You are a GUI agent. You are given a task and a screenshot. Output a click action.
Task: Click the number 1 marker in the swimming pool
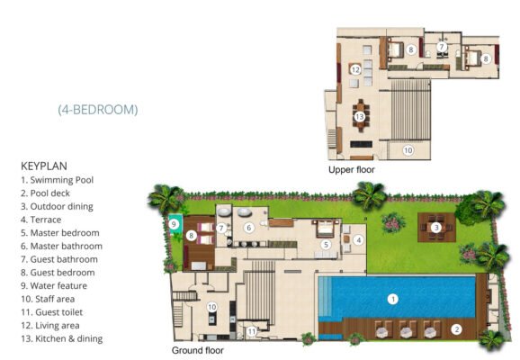393,300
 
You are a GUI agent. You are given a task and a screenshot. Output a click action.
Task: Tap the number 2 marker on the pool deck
457,329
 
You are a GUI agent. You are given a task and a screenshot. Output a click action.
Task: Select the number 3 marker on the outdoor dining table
436,228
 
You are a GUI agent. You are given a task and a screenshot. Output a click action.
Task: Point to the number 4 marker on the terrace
358,240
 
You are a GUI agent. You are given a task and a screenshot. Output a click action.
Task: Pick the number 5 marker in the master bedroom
326,245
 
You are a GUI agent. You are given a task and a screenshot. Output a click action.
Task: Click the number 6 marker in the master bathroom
248,228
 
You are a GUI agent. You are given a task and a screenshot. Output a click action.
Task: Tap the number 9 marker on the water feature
174,224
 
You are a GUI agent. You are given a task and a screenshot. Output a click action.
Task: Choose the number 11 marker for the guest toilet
252,331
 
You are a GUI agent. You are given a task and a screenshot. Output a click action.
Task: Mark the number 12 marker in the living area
355,70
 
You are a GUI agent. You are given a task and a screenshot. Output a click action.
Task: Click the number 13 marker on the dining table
360,117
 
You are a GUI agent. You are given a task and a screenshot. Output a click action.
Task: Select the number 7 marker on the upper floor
441,47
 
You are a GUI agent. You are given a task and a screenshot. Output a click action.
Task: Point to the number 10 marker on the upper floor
408,150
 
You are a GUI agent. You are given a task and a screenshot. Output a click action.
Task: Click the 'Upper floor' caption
352,169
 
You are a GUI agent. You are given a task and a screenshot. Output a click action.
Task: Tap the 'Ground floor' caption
198,350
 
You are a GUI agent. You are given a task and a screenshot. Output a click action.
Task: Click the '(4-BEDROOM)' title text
98,110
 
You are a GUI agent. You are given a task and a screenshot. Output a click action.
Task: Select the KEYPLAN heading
44,166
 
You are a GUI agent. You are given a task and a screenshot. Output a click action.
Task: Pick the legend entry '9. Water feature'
54,285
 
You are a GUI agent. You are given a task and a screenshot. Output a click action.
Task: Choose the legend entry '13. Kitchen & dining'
62,338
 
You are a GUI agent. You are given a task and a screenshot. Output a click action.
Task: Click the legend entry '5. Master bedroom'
60,233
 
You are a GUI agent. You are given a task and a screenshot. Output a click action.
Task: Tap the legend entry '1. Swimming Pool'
57,180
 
